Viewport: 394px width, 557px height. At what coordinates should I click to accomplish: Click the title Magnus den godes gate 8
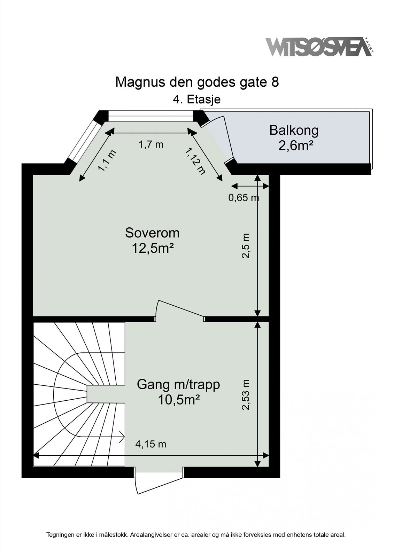pos(197,82)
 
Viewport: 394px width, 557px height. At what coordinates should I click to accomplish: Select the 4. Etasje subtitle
pos(197,99)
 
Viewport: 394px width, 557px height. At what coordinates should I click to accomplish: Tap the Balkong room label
pos(294,130)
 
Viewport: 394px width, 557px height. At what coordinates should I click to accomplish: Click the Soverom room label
pos(152,233)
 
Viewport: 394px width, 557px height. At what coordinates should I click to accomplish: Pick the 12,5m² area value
pos(152,248)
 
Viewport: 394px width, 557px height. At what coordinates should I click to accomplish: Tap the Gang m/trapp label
pos(178,384)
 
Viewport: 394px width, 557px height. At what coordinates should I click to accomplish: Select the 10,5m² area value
pos(178,400)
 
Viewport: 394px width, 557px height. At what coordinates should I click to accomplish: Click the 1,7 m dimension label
pos(151,144)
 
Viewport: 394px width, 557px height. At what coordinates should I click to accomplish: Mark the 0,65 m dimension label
pos(243,198)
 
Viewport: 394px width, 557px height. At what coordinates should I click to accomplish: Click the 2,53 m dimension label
pos(246,395)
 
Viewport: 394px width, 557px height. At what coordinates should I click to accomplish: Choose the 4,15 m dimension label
pos(150,444)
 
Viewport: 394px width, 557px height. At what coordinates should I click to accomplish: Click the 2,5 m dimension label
pos(246,245)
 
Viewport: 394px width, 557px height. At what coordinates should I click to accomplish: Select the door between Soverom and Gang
pos(180,308)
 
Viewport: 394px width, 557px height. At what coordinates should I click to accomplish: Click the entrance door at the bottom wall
pos(160,485)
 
